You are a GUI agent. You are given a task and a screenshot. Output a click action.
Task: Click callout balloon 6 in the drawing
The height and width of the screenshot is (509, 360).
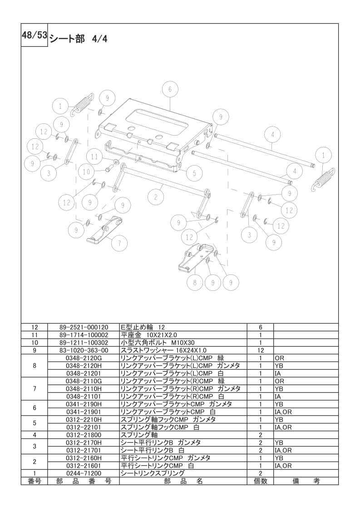(x=170, y=90)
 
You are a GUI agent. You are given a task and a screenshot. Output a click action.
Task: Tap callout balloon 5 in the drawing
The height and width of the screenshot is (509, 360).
(x=194, y=173)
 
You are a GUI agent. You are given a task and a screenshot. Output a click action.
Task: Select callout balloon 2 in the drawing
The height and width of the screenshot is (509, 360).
(x=156, y=197)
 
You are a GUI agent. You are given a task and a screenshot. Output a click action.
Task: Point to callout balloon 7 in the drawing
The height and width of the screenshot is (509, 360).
(x=119, y=243)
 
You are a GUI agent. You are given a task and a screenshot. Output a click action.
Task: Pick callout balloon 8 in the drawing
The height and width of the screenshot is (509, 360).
(x=194, y=282)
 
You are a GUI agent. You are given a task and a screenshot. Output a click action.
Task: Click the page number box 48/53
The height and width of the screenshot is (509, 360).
(x=35, y=36)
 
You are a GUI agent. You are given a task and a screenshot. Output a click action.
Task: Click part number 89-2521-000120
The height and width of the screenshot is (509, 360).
(x=84, y=327)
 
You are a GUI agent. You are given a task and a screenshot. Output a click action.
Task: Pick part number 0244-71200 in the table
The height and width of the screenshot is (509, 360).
(x=84, y=473)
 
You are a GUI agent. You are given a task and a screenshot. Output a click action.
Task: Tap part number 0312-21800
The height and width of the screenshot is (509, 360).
(x=84, y=435)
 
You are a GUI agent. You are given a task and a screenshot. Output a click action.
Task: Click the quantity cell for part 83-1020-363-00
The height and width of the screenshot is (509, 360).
(x=261, y=350)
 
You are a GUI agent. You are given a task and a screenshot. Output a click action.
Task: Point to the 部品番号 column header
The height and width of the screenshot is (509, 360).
(x=84, y=481)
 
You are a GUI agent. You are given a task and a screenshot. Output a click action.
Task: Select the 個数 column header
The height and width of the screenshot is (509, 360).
(x=261, y=481)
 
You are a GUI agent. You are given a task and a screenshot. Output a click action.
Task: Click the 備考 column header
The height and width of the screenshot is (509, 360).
(x=306, y=481)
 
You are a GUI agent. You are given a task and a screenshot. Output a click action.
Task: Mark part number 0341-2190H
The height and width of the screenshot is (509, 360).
(x=84, y=404)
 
